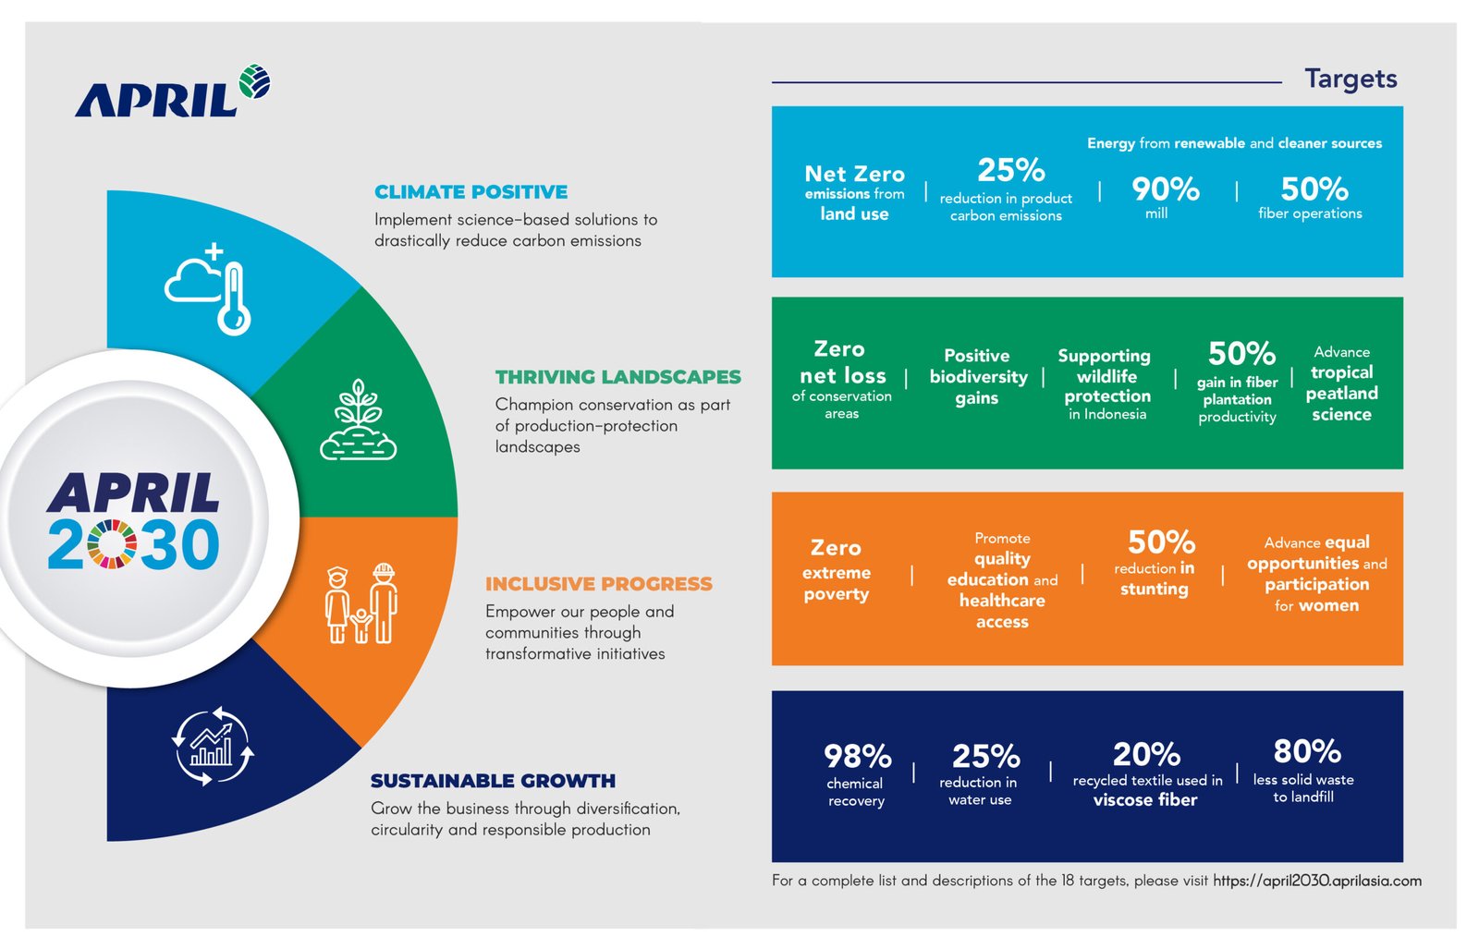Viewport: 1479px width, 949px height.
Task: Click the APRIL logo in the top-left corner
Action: pos(172,92)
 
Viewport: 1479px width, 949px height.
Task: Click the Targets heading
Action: pos(1350,79)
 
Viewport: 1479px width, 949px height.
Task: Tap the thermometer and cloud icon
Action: pos(211,289)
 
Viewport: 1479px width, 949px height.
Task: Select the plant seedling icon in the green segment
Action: pos(359,420)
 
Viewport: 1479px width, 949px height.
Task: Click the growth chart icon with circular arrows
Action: pos(213,746)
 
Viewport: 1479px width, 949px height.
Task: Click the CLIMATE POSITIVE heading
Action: pos(471,192)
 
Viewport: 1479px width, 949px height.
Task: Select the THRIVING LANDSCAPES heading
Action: pos(617,377)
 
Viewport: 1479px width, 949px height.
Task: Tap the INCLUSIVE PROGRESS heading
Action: pos(598,584)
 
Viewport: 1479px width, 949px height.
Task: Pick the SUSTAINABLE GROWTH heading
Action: pos(493,781)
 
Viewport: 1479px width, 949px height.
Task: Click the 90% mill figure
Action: pos(1165,190)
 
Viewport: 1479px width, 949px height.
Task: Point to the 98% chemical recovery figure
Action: pos(857,757)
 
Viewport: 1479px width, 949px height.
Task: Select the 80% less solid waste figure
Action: pos(1306,751)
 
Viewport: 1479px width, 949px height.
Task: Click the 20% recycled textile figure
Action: pos(1146,755)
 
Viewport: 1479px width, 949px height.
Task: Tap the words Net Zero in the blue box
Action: pos(854,174)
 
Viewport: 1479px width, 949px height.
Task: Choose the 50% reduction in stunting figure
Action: pos(1160,542)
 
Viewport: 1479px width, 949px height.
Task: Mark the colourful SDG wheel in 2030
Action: pos(112,544)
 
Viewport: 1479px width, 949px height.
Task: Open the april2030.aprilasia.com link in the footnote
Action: pos(1316,881)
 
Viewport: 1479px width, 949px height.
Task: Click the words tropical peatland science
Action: pos(1341,394)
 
